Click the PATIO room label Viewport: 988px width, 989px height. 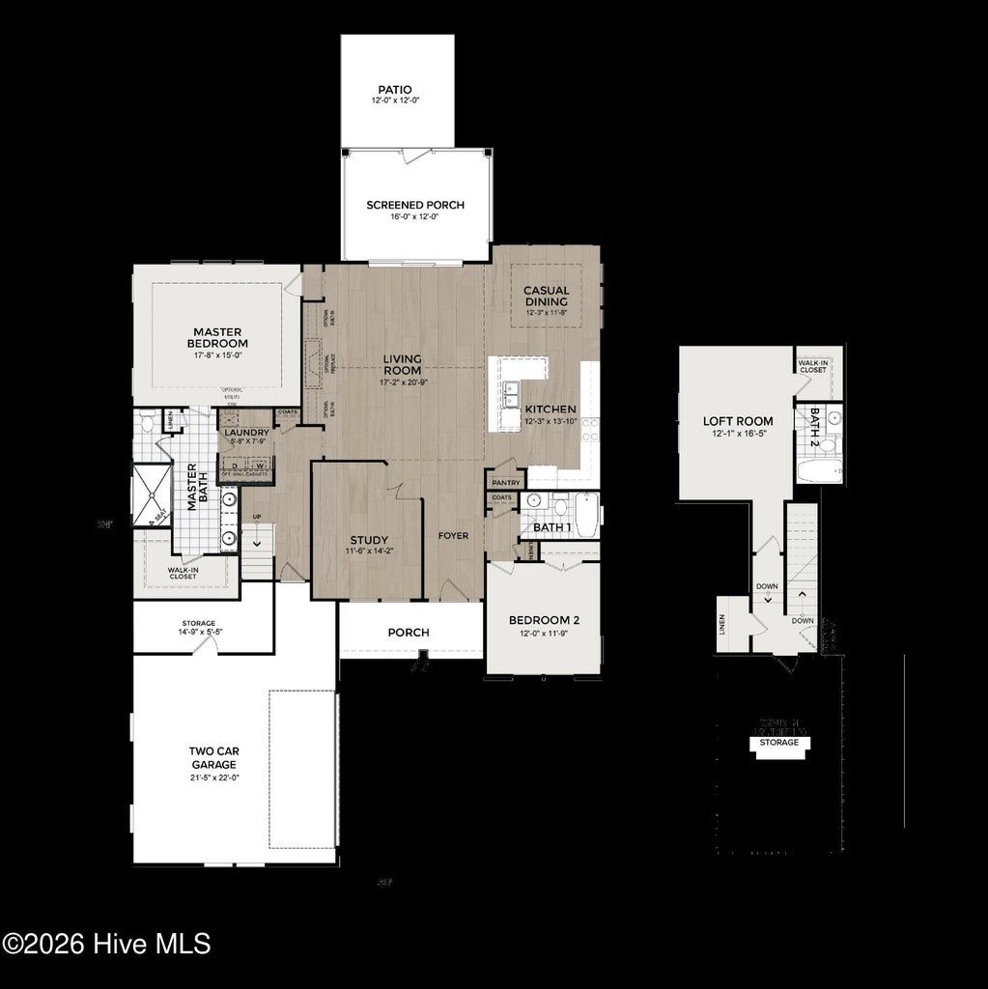pyautogui.click(x=395, y=90)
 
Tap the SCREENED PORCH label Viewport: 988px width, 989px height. pyautogui.click(x=415, y=205)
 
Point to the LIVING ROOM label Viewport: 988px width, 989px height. pyautogui.click(x=403, y=364)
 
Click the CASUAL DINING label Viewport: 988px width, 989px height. pyautogui.click(x=547, y=296)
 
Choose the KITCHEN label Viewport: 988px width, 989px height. pyautogui.click(x=550, y=410)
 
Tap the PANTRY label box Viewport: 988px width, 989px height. pyautogui.click(x=506, y=482)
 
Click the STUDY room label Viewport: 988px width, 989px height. pyautogui.click(x=369, y=540)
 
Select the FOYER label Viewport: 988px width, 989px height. pyautogui.click(x=453, y=535)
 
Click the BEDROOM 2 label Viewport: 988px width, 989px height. pyautogui.click(x=544, y=620)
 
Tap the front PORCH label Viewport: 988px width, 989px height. pyautogui.click(x=409, y=633)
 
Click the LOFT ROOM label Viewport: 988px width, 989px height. pyautogui.click(x=738, y=421)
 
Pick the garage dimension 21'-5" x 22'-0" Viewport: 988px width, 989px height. pyautogui.click(x=213, y=777)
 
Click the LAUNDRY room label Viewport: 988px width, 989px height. pyautogui.click(x=246, y=433)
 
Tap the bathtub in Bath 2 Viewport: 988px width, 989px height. pyautogui.click(x=819, y=472)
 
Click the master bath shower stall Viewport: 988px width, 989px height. pyautogui.click(x=151, y=494)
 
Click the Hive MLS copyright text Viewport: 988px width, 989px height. pyautogui.click(x=106, y=944)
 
